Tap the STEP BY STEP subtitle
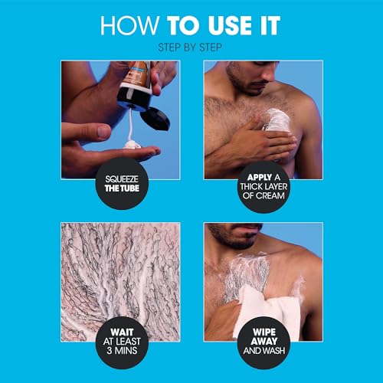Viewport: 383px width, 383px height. tap(191, 48)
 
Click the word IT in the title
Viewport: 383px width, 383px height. tap(265, 26)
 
